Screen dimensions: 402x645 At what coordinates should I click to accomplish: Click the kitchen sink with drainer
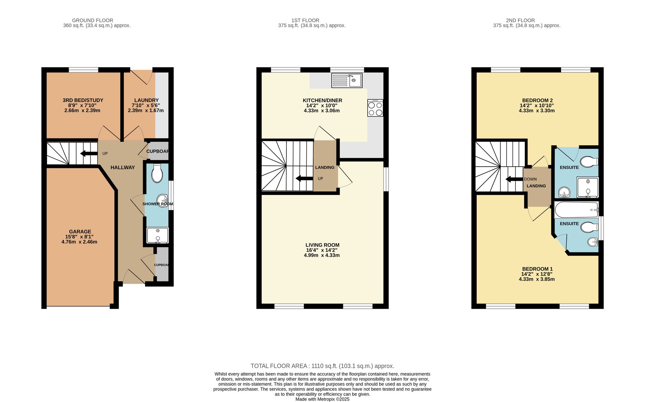click(347, 80)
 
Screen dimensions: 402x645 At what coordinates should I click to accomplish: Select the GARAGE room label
click(80, 232)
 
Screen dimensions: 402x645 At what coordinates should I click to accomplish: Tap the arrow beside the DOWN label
click(514, 179)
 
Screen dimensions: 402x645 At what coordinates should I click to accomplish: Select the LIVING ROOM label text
click(322, 245)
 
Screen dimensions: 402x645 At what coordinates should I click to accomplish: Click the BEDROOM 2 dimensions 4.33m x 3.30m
click(537, 111)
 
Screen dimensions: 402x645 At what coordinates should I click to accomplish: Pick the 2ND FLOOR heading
click(520, 20)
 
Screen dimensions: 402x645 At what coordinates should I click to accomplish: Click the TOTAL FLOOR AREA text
click(322, 366)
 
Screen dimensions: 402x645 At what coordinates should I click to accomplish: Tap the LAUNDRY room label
click(146, 100)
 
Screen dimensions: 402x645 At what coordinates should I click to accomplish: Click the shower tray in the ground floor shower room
click(157, 235)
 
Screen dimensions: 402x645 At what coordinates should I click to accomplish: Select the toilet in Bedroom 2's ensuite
click(589, 161)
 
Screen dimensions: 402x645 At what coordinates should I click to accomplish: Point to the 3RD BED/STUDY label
click(83, 100)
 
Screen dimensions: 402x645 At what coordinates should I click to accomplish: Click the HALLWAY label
click(123, 167)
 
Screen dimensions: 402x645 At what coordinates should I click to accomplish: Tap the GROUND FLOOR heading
click(93, 20)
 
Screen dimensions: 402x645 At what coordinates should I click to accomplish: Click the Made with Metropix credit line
click(322, 399)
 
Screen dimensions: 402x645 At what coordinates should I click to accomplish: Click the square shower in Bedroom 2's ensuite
click(587, 187)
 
